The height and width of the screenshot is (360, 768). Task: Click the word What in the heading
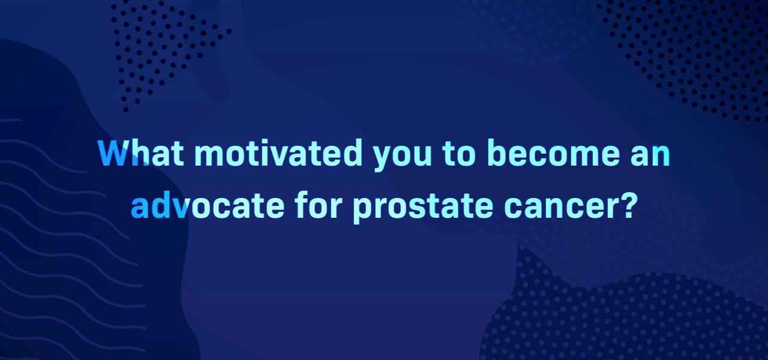point(141,153)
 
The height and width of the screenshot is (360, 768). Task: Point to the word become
point(553,153)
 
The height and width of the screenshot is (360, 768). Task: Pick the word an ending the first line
point(650,155)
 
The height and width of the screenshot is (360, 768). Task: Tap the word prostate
point(424,208)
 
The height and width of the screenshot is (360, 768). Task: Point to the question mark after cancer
point(627,205)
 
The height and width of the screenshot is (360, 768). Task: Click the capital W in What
point(113,153)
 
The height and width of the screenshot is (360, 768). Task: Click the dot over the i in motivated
point(277,142)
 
